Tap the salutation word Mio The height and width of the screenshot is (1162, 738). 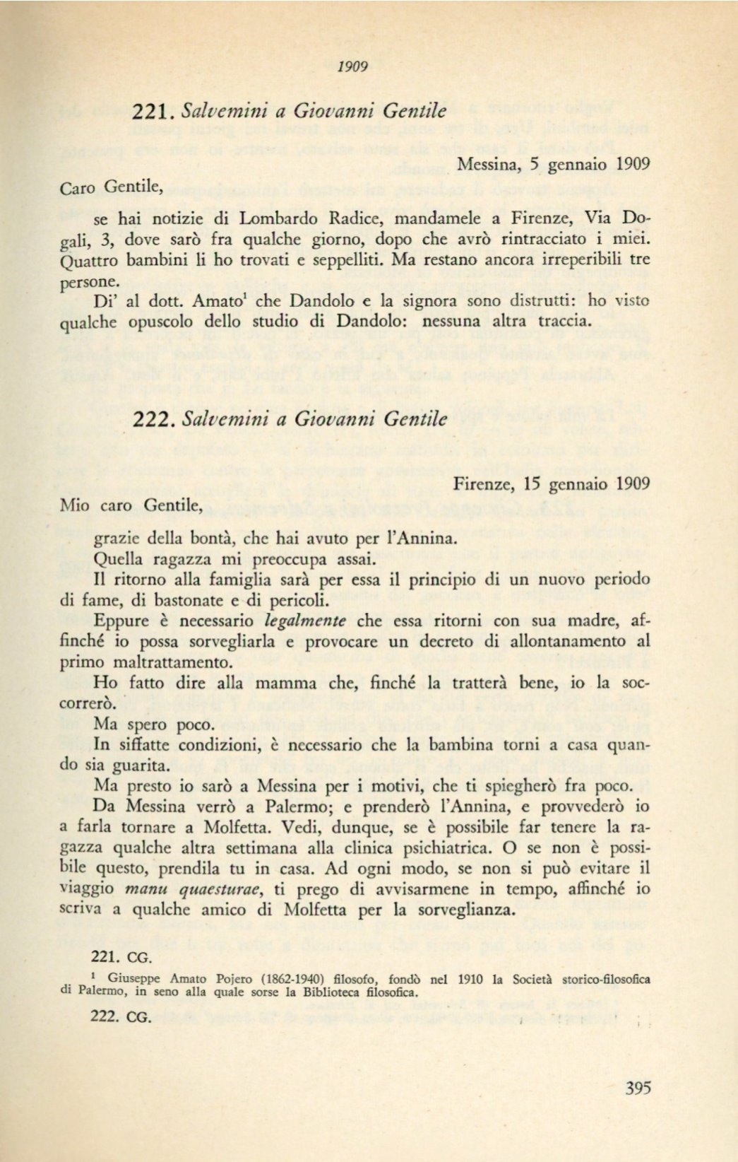tap(75, 505)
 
